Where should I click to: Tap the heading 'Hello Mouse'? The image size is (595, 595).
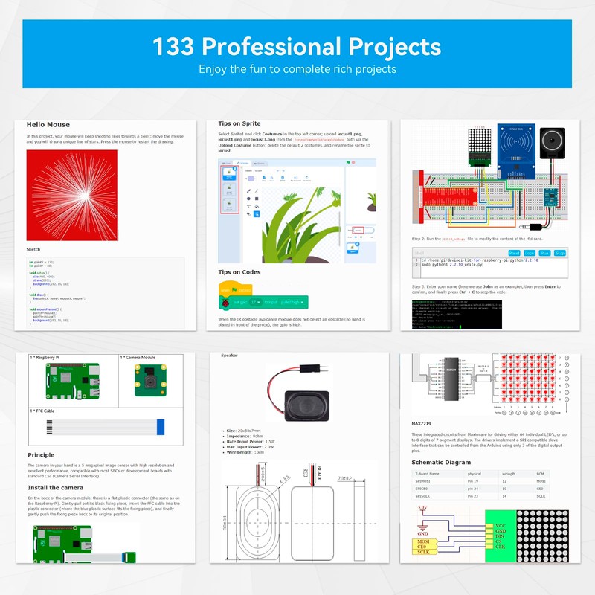click(x=48, y=125)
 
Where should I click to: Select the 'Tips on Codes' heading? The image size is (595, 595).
click(x=239, y=272)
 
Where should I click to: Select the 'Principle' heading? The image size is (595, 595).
click(x=41, y=455)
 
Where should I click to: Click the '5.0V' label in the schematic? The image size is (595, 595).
click(x=422, y=509)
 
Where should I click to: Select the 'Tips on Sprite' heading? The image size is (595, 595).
click(x=239, y=123)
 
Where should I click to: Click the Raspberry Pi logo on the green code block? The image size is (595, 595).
click(x=225, y=303)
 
